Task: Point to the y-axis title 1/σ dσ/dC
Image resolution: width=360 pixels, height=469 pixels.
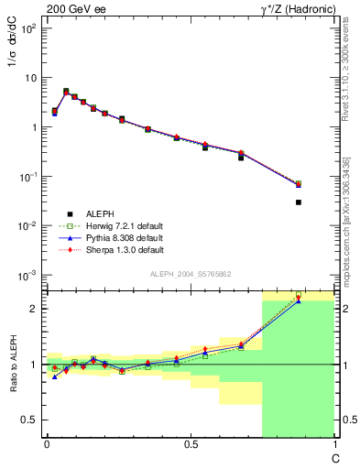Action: (16, 63)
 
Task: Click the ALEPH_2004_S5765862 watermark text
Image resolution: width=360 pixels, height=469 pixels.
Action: (191, 274)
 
